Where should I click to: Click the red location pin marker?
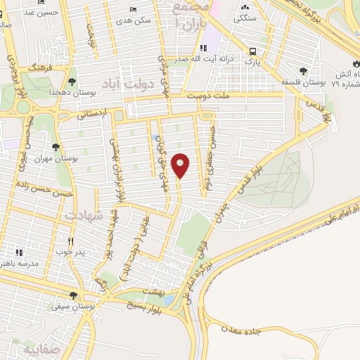tap(181, 165)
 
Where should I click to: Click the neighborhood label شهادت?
tap(84, 216)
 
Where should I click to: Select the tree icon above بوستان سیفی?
tap(74, 295)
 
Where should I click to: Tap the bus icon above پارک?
tap(252, 51)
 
